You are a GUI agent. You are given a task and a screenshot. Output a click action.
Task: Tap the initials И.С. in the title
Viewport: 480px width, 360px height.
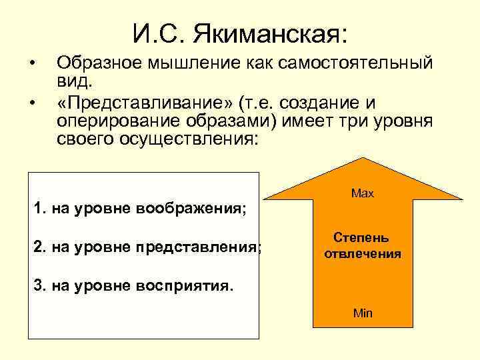click(154, 33)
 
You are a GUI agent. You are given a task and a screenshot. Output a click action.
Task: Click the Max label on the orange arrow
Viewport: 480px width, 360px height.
click(363, 193)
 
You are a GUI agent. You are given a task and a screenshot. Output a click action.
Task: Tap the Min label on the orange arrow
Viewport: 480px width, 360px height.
click(363, 313)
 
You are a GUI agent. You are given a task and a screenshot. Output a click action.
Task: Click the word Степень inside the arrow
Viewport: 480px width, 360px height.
click(363, 238)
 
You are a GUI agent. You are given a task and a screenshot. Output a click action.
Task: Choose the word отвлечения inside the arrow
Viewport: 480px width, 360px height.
click(363, 254)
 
